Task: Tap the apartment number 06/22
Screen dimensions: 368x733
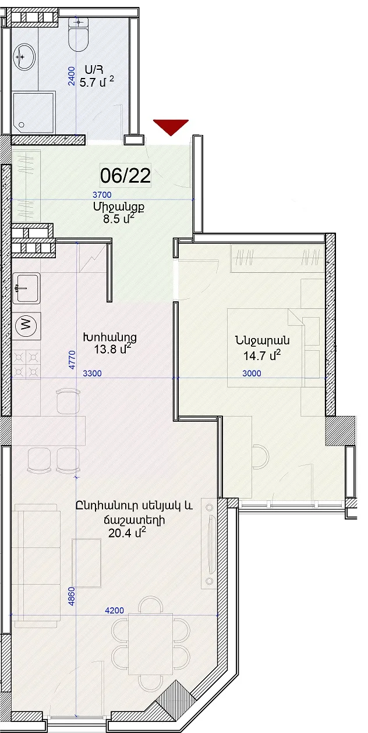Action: coord(125,176)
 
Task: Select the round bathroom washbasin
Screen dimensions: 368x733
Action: coord(24,56)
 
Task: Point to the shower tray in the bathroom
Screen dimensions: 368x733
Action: coord(33,113)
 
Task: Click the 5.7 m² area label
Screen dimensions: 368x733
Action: coord(97,82)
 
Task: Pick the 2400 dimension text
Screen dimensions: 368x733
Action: coord(72,76)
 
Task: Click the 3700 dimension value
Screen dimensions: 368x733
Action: coord(102,195)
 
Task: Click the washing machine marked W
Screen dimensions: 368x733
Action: coord(27,325)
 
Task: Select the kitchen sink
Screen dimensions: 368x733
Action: coord(27,288)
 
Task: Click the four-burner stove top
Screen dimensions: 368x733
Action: coord(27,364)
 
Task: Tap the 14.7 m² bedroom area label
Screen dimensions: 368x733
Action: coord(262,355)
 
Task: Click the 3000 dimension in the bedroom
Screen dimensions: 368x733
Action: coord(252,373)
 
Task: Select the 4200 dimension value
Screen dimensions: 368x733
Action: coord(115,610)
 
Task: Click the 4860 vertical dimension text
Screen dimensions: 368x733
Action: coord(72,596)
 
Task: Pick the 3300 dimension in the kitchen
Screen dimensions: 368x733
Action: coord(93,373)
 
